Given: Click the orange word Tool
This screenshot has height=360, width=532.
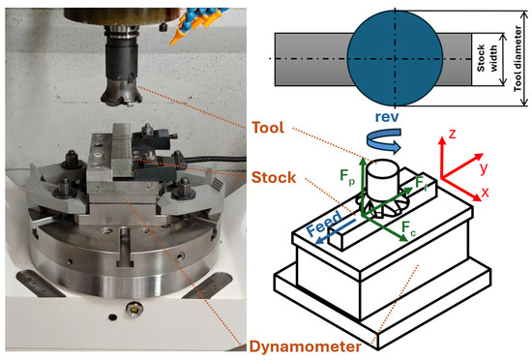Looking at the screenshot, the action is pos(268,128).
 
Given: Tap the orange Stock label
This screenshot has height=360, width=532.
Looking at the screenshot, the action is pos(274,177).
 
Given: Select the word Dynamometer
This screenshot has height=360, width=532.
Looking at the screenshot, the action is pos(306,346).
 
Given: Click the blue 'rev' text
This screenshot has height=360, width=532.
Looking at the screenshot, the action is pos(387,117).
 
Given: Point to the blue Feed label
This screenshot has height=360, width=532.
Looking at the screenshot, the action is pos(324,223).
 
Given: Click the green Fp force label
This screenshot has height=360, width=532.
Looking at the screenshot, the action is pos(347,177).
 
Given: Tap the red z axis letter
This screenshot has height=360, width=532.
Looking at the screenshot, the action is pos(452,134).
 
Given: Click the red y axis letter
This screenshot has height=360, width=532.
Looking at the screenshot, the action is pos(484,167).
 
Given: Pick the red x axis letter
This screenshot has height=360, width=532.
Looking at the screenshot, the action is pos(486,192).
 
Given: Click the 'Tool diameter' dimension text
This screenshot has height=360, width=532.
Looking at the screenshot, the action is pos(517,58).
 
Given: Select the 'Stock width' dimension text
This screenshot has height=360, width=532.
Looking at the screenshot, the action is pos(487,58).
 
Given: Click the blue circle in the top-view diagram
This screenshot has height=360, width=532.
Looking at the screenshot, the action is pos(395,58).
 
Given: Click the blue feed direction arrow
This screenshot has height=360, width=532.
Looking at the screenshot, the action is pos(336,231).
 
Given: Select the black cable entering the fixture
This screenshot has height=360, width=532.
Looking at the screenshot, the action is pos(214,159).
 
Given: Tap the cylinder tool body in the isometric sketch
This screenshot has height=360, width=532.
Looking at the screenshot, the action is pos(383,180).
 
